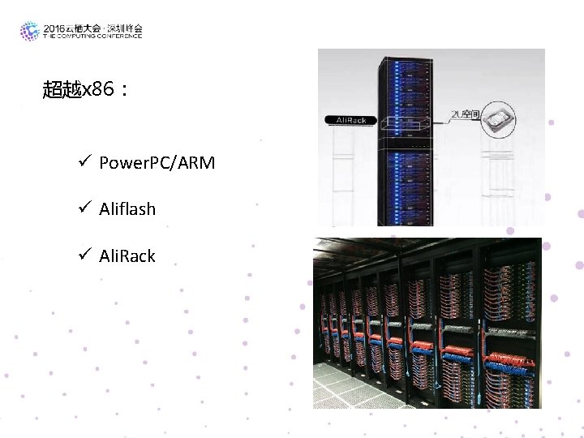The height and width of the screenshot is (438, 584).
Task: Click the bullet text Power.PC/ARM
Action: [157, 163]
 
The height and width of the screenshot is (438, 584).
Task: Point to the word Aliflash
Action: [127, 209]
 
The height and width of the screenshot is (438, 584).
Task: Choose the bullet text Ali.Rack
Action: [127, 256]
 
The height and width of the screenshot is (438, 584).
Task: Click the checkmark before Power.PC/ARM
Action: [84, 163]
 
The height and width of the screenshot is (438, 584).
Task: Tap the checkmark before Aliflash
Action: [84, 209]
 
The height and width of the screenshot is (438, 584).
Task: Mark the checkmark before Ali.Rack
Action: [84, 256]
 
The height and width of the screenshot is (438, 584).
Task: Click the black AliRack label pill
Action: [346, 120]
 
